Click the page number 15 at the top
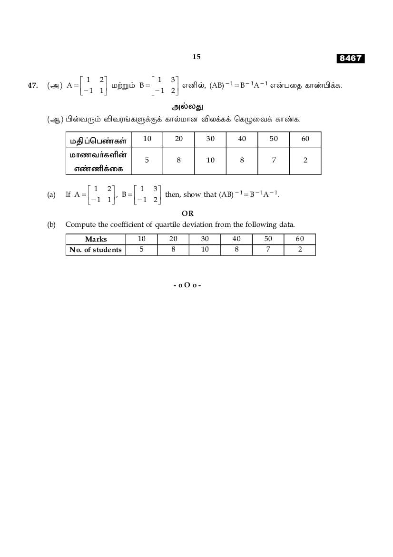pyautogui.click(x=196, y=57)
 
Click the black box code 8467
pyautogui.click(x=351, y=58)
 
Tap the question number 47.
pyautogui.click(x=33, y=85)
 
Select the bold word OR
pyautogui.click(x=188, y=213)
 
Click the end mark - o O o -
pyautogui.click(x=187, y=285)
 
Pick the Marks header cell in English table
pyautogui.click(x=96, y=239)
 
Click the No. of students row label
pyautogui.click(x=96, y=250)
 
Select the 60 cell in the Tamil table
pyautogui.click(x=305, y=139)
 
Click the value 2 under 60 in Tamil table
pyautogui.click(x=305, y=160)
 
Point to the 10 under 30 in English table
pyautogui.click(x=205, y=250)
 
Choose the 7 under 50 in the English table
pyautogui.click(x=268, y=250)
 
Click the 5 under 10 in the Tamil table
pyautogui.click(x=147, y=160)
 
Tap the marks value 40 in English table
pyautogui.click(x=236, y=239)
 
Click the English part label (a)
pyautogui.click(x=51, y=194)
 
